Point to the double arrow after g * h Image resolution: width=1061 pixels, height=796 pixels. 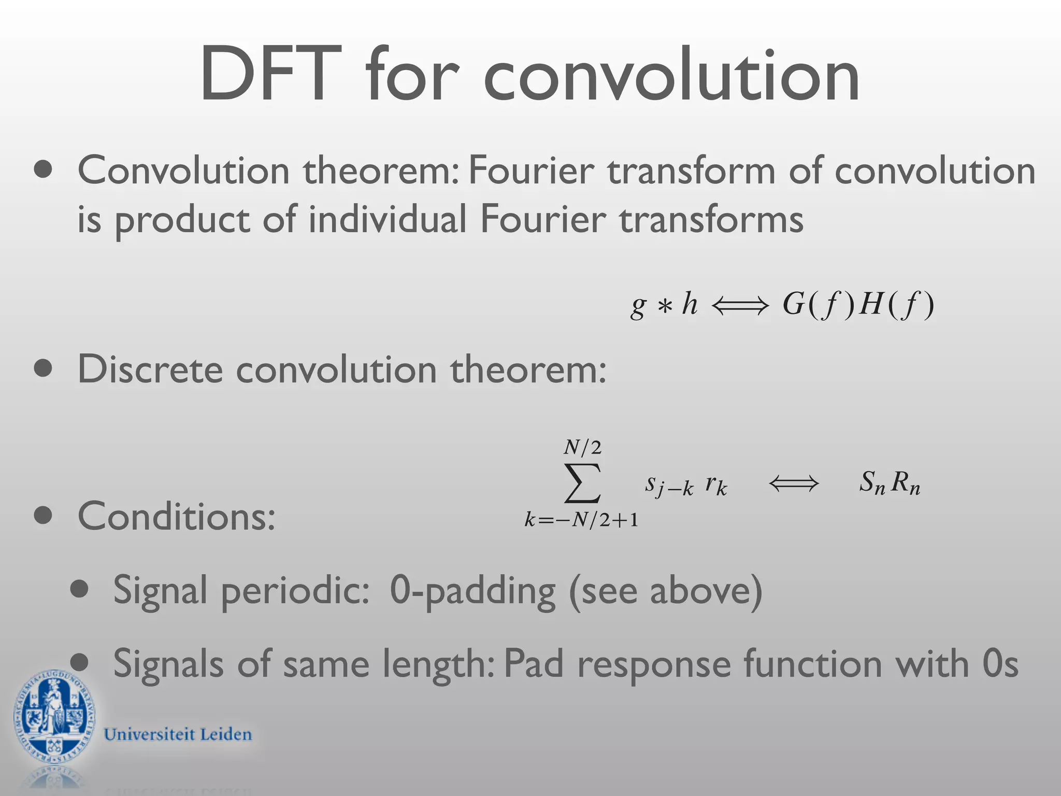tap(740, 306)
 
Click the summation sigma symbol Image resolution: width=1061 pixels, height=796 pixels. tap(582, 483)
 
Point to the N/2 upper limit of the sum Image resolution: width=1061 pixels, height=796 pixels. tap(582, 447)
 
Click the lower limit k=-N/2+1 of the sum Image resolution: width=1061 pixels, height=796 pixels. tap(581, 519)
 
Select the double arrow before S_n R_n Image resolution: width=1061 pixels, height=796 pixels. tap(794, 484)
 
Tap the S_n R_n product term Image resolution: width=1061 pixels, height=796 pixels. tap(889, 483)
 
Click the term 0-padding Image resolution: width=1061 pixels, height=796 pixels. tap(472, 590)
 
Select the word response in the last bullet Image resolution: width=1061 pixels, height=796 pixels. tap(654, 664)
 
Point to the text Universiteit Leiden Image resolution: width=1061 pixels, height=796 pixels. tap(178, 734)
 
